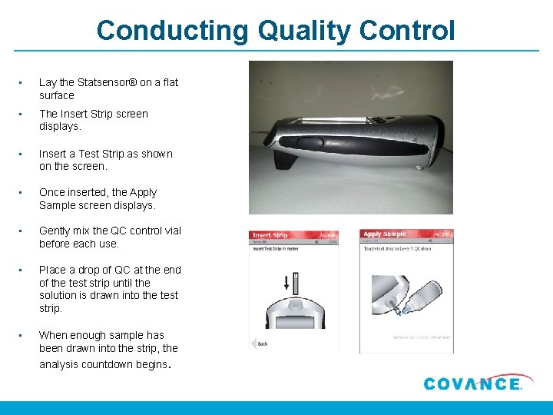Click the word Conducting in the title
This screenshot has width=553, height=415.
(x=173, y=31)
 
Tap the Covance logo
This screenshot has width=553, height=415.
(x=472, y=383)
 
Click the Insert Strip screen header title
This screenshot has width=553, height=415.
(x=270, y=234)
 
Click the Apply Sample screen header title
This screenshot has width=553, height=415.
(x=385, y=234)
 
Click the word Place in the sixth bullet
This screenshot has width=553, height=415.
(x=52, y=270)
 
